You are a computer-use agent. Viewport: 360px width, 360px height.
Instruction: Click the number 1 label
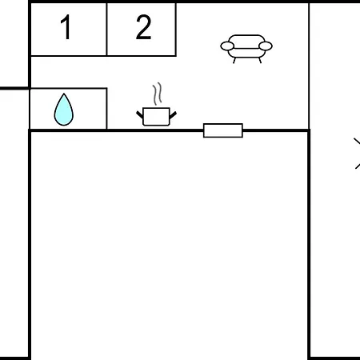pos(66,26)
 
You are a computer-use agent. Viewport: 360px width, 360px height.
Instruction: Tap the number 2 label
pos(143,27)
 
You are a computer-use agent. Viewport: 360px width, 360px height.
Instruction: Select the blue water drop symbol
pos(64,110)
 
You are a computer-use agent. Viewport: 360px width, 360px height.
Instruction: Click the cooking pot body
pos(156,117)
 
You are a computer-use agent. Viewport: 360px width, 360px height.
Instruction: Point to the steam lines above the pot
pos(158,94)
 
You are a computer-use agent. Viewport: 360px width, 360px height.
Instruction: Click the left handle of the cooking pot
pos(140,115)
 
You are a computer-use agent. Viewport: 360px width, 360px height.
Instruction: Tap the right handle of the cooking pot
pos(173,115)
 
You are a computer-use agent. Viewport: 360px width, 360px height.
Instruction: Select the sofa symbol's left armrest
pos(227,46)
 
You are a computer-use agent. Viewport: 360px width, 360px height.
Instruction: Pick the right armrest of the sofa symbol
pos(266,46)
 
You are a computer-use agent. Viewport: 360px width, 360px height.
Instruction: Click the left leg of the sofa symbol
pos(234,61)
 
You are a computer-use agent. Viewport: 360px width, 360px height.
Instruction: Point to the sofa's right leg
pos(260,61)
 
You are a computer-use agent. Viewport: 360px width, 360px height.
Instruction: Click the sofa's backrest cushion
pos(246,42)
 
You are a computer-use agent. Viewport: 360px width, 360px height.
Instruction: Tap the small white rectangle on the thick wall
pos(223,130)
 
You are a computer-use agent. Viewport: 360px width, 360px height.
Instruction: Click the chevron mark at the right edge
pos(358,154)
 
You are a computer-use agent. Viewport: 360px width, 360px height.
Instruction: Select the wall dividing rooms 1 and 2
pos(106,30)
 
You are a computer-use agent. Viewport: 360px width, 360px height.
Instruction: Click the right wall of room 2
pos(176,30)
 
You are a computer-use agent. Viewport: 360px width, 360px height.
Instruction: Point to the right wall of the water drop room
pos(107,109)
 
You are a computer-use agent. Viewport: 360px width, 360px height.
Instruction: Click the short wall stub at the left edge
pos(14,88)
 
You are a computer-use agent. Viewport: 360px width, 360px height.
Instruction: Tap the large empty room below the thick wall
pos(170,246)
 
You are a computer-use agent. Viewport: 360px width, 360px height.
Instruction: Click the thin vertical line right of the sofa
pos(309,66)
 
